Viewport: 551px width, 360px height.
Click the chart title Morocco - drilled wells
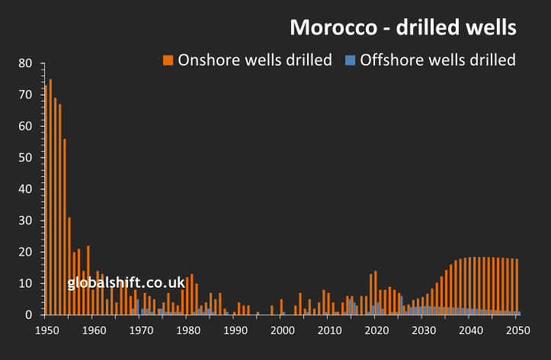pyautogui.click(x=403, y=27)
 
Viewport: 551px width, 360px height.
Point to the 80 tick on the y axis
pyautogui.click(x=25, y=63)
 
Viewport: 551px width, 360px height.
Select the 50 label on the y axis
pyautogui.click(x=25, y=157)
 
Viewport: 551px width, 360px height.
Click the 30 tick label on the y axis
pyautogui.click(x=25, y=220)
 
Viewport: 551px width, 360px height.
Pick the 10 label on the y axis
pyautogui.click(x=25, y=284)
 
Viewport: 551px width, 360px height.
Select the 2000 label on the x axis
pyautogui.click(x=282, y=330)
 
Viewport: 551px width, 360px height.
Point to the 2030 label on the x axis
pyautogui.click(x=423, y=330)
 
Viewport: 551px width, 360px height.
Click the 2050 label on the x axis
pyautogui.click(x=517, y=330)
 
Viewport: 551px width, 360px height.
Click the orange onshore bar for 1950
pyautogui.click(x=46, y=200)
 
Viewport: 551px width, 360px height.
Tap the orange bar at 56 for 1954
pyautogui.click(x=65, y=227)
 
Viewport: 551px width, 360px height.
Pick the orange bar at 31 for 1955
pyautogui.click(x=69, y=266)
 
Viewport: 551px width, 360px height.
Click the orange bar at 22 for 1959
pyautogui.click(x=88, y=280)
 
